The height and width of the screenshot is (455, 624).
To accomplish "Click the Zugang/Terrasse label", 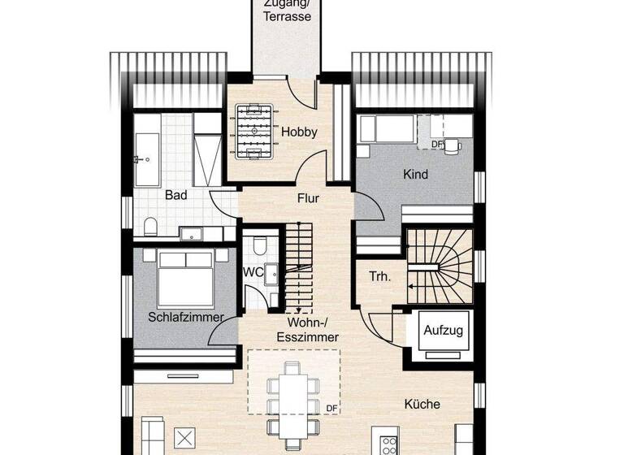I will click(287, 10).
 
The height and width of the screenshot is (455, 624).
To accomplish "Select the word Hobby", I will click(298, 132).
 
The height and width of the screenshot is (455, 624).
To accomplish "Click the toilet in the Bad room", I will click(151, 225).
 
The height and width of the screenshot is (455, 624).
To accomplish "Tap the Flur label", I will click(308, 197).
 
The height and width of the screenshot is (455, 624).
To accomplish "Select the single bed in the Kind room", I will click(386, 129).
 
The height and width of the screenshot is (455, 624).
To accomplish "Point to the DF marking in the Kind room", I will click(436, 145).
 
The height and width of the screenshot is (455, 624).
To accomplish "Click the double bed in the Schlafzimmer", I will click(185, 276).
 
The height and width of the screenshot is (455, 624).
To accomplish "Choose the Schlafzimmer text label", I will click(185, 317).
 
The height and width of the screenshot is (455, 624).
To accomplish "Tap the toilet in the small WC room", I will click(259, 245).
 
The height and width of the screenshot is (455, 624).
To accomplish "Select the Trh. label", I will click(379, 276).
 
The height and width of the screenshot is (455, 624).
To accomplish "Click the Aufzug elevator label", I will click(443, 330).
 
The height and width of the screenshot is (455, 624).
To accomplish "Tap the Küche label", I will click(422, 404).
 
